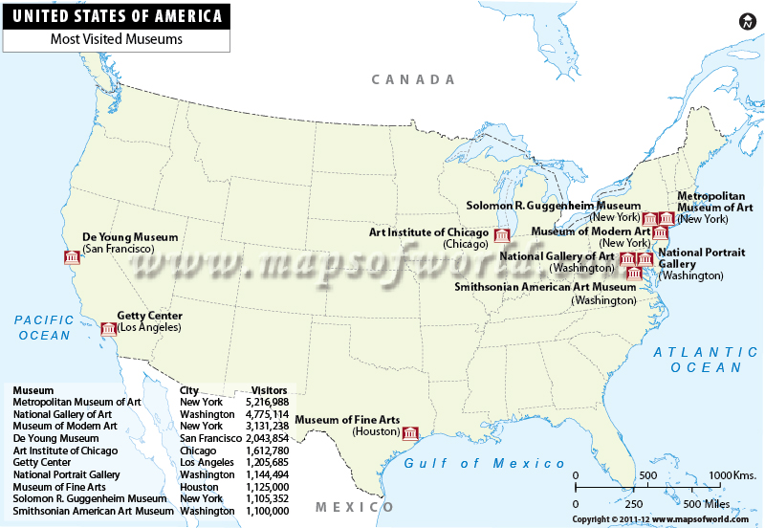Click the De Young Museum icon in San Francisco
[71, 257]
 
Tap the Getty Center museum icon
[109, 329]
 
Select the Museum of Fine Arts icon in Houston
[410, 432]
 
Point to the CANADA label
[413, 79]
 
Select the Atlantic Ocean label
[698, 360]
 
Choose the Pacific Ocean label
[44, 327]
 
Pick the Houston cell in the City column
[200, 487]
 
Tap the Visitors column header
[270, 390]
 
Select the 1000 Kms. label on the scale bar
[732, 475]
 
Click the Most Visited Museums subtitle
[116, 40]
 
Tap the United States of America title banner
[116, 16]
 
